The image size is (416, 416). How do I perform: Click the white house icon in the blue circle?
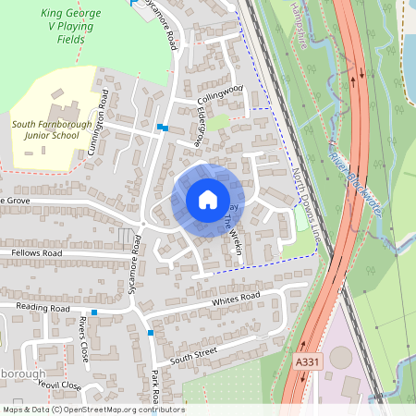click(208, 200)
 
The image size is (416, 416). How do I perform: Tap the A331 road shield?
click(308, 362)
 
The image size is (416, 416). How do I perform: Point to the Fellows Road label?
click(36, 252)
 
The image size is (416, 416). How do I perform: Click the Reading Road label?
click(43, 307)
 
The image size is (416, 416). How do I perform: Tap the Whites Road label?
click(237, 299)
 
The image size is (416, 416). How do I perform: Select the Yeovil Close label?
click(60, 386)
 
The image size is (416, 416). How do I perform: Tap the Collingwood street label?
click(220, 90)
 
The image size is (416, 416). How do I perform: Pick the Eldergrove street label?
click(198, 127)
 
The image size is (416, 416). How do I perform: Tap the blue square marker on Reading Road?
click(94, 312)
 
